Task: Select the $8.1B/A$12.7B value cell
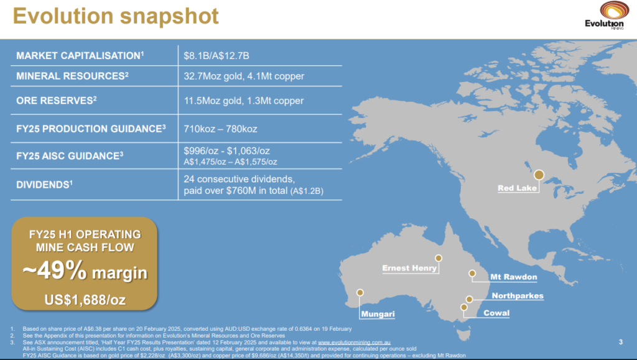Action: click(x=216, y=56)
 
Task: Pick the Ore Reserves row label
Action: click(x=56, y=100)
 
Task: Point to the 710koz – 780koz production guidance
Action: click(x=220, y=129)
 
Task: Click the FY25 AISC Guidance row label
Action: click(x=69, y=156)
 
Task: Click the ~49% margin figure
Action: click(x=85, y=272)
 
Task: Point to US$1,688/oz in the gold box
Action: click(x=85, y=300)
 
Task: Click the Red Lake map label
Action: click(x=518, y=188)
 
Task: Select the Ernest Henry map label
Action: click(x=410, y=269)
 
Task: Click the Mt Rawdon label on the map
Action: click(x=513, y=277)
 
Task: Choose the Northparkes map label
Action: click(x=518, y=296)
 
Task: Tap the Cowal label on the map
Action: click(x=496, y=313)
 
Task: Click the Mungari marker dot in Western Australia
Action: click(x=359, y=292)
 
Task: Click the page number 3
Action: click(x=621, y=341)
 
